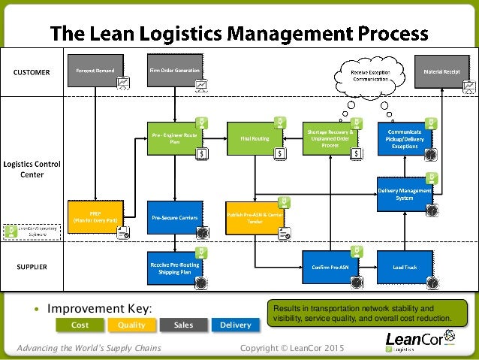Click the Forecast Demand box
[95, 71]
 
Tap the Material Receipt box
[443, 71]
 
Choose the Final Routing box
[255, 138]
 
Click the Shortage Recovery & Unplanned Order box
[328, 138]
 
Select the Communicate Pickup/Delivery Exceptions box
[405, 138]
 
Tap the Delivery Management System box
[405, 195]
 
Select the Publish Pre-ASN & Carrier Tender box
[255, 217]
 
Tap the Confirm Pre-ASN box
[328, 267]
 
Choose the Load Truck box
[405, 267]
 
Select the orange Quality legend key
[131, 325]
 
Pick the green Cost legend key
[80, 325]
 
